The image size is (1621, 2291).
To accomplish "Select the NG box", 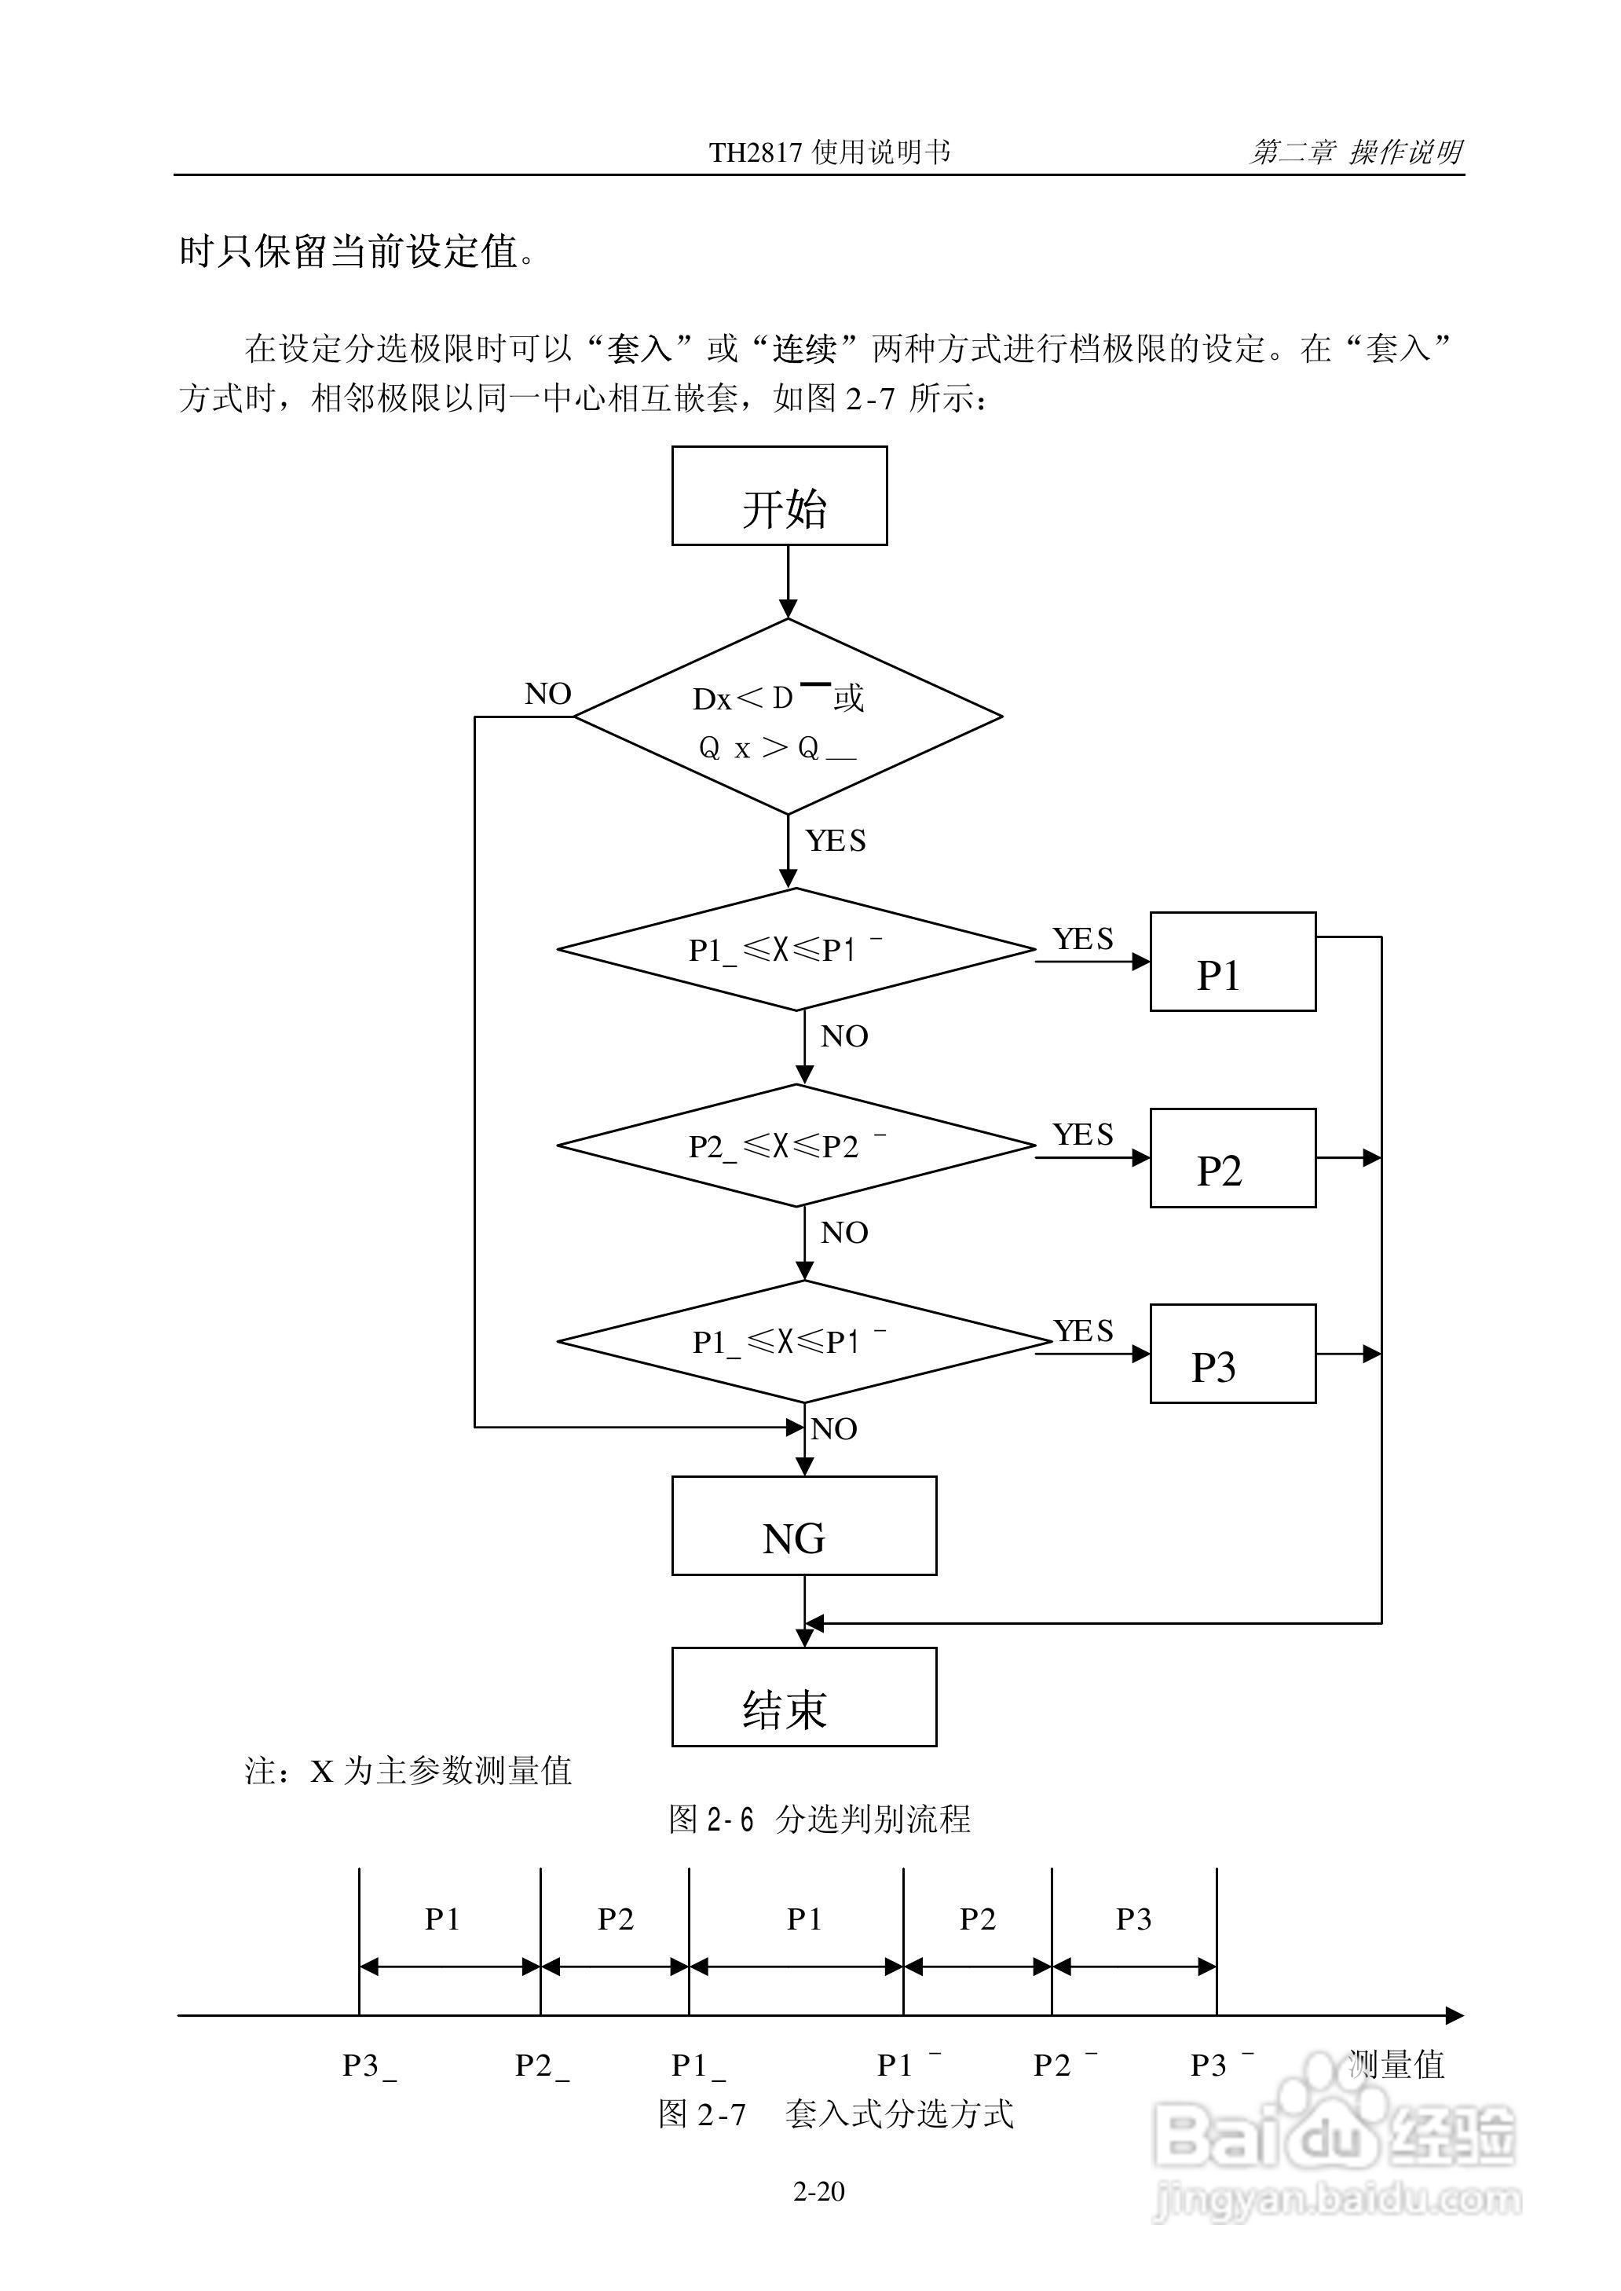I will coord(803,1527).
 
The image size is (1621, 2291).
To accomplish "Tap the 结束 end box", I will coord(803,1697).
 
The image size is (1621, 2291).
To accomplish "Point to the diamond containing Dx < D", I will coord(788,717).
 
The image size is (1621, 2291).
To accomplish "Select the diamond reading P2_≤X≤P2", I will coord(795,1146).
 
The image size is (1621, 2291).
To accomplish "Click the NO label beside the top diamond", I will coord(548,694).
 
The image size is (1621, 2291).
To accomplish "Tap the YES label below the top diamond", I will coord(836,841).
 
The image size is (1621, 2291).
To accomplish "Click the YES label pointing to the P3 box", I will coord(1083,1331).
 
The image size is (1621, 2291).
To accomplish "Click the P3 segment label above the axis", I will coord(1134,1919).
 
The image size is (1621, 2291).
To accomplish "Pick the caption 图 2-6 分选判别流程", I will coord(818,1819).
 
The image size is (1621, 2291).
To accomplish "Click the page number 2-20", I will coord(818,2191).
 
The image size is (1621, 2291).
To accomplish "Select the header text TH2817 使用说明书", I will coord(829,152).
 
